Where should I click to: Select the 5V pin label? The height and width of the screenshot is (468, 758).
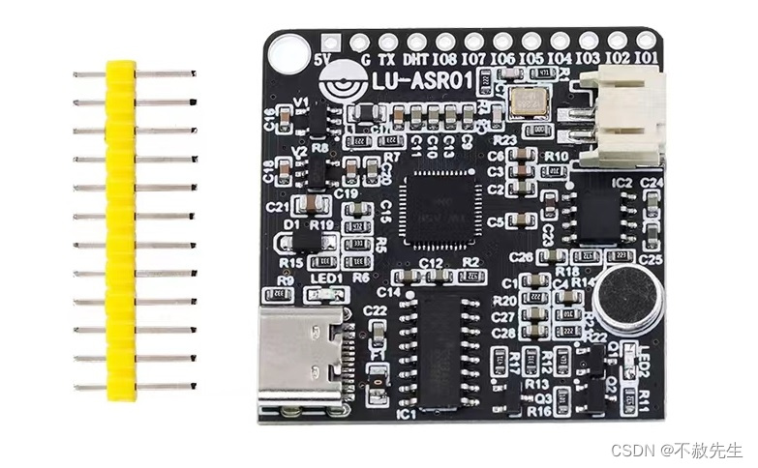323,59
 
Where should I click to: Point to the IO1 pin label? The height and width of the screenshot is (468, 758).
647,59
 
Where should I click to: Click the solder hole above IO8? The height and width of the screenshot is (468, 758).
445,42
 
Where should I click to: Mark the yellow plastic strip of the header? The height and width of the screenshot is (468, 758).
119,229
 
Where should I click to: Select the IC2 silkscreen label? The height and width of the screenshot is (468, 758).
621,182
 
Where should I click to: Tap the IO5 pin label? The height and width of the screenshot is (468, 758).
531,59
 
